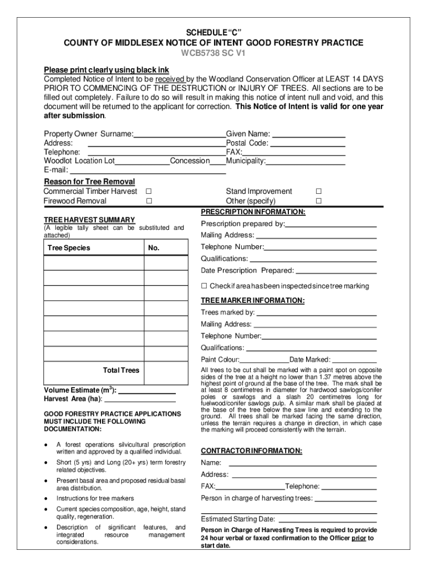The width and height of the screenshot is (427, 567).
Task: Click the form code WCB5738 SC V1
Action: point(213,53)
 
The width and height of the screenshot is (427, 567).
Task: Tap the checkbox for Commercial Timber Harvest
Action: point(149,191)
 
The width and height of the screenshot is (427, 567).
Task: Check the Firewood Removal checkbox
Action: point(149,201)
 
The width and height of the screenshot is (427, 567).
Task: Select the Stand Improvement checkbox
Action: point(318,191)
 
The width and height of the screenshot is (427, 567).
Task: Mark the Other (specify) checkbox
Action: point(318,201)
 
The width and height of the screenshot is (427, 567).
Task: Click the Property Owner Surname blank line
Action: point(180,135)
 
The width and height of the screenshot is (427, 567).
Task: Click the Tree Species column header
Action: point(69,248)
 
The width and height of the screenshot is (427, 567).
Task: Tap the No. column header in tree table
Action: point(154,248)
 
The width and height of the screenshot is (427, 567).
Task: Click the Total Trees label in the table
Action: point(121,370)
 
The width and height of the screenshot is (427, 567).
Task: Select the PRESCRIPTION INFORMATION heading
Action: point(253,212)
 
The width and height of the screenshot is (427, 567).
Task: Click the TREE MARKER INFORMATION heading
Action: point(252,300)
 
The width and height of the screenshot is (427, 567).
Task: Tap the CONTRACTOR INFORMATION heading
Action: point(251,451)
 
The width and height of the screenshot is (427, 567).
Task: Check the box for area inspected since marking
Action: point(204,286)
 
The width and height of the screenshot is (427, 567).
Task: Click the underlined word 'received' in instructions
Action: point(170,79)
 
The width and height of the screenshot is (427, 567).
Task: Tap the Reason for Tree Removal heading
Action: point(89,182)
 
